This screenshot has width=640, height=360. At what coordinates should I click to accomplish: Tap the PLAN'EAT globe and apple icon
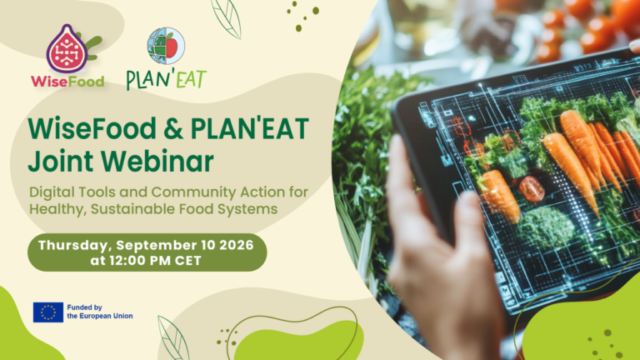click(x=166, y=46)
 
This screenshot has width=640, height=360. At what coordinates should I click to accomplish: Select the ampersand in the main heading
click(x=173, y=128)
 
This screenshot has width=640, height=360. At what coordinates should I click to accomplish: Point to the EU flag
click(x=48, y=312)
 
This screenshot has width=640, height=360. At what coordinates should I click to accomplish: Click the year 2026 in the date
click(x=237, y=245)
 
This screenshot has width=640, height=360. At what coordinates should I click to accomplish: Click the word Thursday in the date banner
click(x=75, y=245)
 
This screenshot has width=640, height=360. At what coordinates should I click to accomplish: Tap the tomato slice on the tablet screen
click(x=532, y=189)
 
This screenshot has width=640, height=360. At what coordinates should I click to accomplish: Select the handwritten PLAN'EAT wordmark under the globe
click(x=166, y=79)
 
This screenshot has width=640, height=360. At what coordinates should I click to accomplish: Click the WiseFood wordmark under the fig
click(x=67, y=82)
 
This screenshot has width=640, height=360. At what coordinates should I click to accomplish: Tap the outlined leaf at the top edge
click(x=227, y=18)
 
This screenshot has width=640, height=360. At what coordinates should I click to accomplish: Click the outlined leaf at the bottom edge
click(x=173, y=338)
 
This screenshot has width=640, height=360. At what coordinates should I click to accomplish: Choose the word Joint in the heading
click(x=61, y=161)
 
